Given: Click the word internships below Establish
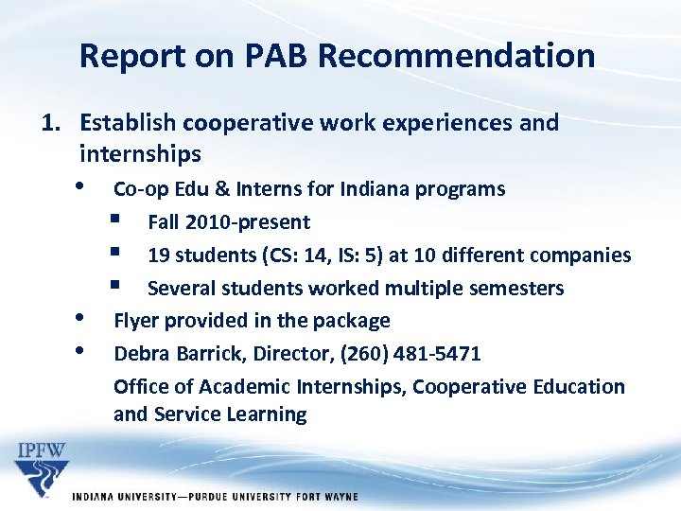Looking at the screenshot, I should click(x=140, y=153).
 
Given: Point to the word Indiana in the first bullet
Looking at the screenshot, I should click(x=380, y=189).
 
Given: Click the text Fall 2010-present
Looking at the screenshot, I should click(x=229, y=222).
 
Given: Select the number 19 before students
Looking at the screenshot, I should click(x=158, y=255).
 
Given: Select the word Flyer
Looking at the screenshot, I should click(x=136, y=321).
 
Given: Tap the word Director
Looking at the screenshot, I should click(x=281, y=354).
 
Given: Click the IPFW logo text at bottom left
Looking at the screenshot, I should click(x=43, y=447).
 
